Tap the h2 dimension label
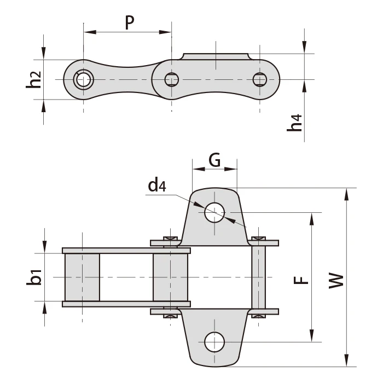click(x=34, y=80)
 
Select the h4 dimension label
click(x=295, y=123)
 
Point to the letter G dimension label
click(x=214, y=160)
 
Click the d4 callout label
click(x=156, y=186)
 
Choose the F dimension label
click(x=299, y=279)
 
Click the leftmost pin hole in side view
click(x=84, y=80)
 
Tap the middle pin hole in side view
click(x=171, y=80)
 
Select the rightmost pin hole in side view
click(x=259, y=80)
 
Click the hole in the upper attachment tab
click(x=214, y=213)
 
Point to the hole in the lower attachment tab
click(x=214, y=342)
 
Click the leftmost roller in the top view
click(x=82, y=277)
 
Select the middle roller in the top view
click(x=171, y=277)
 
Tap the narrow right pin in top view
click(x=258, y=277)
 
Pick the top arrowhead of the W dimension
click(x=346, y=193)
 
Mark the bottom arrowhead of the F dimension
click(x=312, y=338)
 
